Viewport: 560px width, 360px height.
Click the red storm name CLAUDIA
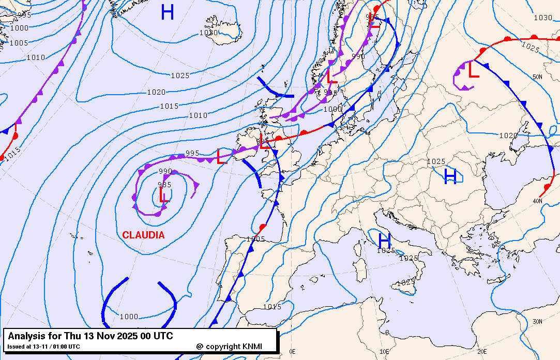pyautogui.click(x=143, y=235)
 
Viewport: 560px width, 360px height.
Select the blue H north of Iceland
pyautogui.click(x=167, y=12)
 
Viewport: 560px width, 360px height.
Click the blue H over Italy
pyautogui.click(x=384, y=241)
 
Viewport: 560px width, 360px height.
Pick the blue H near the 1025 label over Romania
pyautogui.click(x=450, y=177)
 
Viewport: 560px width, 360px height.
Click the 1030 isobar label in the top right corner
pyautogui.click(x=542, y=18)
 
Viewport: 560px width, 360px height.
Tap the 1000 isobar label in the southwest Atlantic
pyautogui.click(x=129, y=317)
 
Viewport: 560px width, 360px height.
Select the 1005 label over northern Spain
pyautogui.click(x=255, y=239)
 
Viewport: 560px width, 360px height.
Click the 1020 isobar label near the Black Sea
pyautogui.click(x=508, y=136)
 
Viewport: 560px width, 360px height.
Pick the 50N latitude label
pyautogui.click(x=537, y=77)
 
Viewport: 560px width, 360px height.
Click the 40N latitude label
pyautogui.click(x=537, y=201)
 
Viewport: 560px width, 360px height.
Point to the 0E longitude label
pyautogui.click(x=292, y=351)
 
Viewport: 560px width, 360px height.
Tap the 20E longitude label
pyautogui.click(x=482, y=351)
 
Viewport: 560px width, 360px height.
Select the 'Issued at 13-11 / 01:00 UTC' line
pyautogui.click(x=43, y=347)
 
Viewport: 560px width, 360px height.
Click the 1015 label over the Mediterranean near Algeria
pyautogui.click(x=272, y=307)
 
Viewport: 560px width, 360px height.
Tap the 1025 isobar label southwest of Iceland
pyautogui.click(x=180, y=76)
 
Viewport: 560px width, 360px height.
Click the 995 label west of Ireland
pyautogui.click(x=192, y=153)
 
